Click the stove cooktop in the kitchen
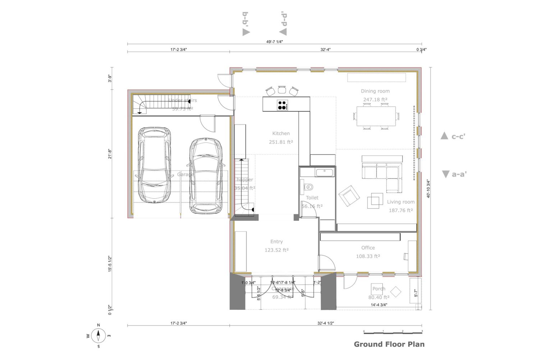coord(282,105)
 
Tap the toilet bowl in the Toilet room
coord(309,187)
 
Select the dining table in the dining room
coord(376,116)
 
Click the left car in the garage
coord(154,165)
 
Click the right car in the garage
coord(206,176)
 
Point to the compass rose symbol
coord(98,336)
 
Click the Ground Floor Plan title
coord(389,344)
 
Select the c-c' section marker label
coord(458,137)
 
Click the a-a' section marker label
coord(459,174)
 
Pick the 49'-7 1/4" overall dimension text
coord(275,42)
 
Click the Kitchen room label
coord(281,133)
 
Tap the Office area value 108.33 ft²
coord(368,256)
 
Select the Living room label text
coord(401,202)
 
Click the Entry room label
coord(276,241)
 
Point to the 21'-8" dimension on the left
coord(110,154)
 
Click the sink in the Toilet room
coord(325,172)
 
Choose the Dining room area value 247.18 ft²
coord(375,100)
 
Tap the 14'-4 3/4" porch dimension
coord(379,305)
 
